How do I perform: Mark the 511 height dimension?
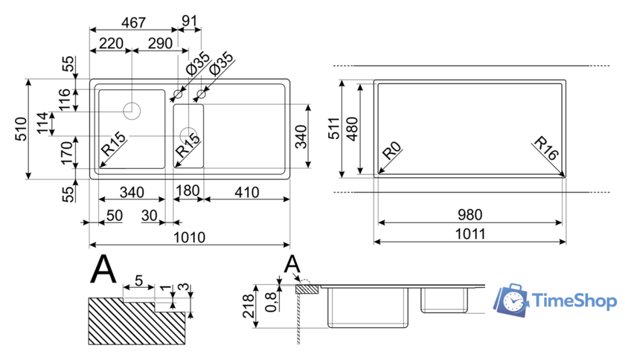pyautogui.click(x=333, y=128)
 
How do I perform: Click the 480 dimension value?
pyautogui.click(x=353, y=128)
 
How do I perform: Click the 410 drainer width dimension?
pyautogui.click(x=245, y=193)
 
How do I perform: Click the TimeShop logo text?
pyautogui.click(x=574, y=301)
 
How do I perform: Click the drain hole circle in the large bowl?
pyautogui.click(x=132, y=111)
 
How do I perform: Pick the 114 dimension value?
pyautogui.click(x=44, y=123)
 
